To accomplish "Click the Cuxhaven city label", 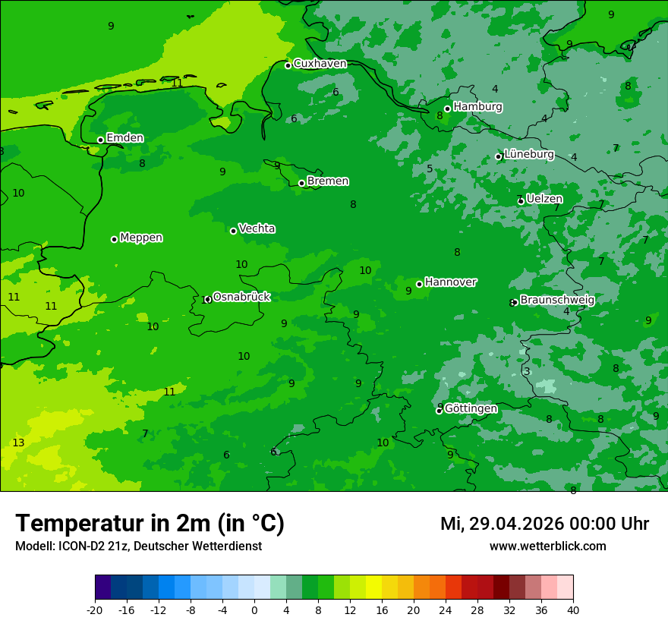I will (x=320, y=64).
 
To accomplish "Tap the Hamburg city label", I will (x=477, y=107).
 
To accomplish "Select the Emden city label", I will (x=124, y=138).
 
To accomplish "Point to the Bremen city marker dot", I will (x=301, y=183).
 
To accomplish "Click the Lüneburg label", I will (x=529, y=155).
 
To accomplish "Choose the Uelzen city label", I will (x=544, y=199).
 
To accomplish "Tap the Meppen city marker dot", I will (x=114, y=239).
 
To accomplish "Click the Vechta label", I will (x=257, y=228).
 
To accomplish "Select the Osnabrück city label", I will (x=241, y=297).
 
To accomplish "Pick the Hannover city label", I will (x=450, y=282).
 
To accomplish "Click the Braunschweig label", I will (x=557, y=301).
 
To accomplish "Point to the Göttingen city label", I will (x=471, y=409).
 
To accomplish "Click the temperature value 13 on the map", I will (x=18, y=443).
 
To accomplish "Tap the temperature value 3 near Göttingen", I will (x=527, y=371).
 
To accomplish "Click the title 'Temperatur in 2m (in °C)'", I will (x=150, y=524).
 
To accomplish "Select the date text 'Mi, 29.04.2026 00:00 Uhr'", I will (x=544, y=524).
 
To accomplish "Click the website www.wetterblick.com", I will (x=547, y=547).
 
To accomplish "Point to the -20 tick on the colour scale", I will (x=95, y=610).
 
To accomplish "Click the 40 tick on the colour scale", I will (x=573, y=610).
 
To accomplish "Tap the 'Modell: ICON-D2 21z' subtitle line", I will (x=138, y=547).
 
